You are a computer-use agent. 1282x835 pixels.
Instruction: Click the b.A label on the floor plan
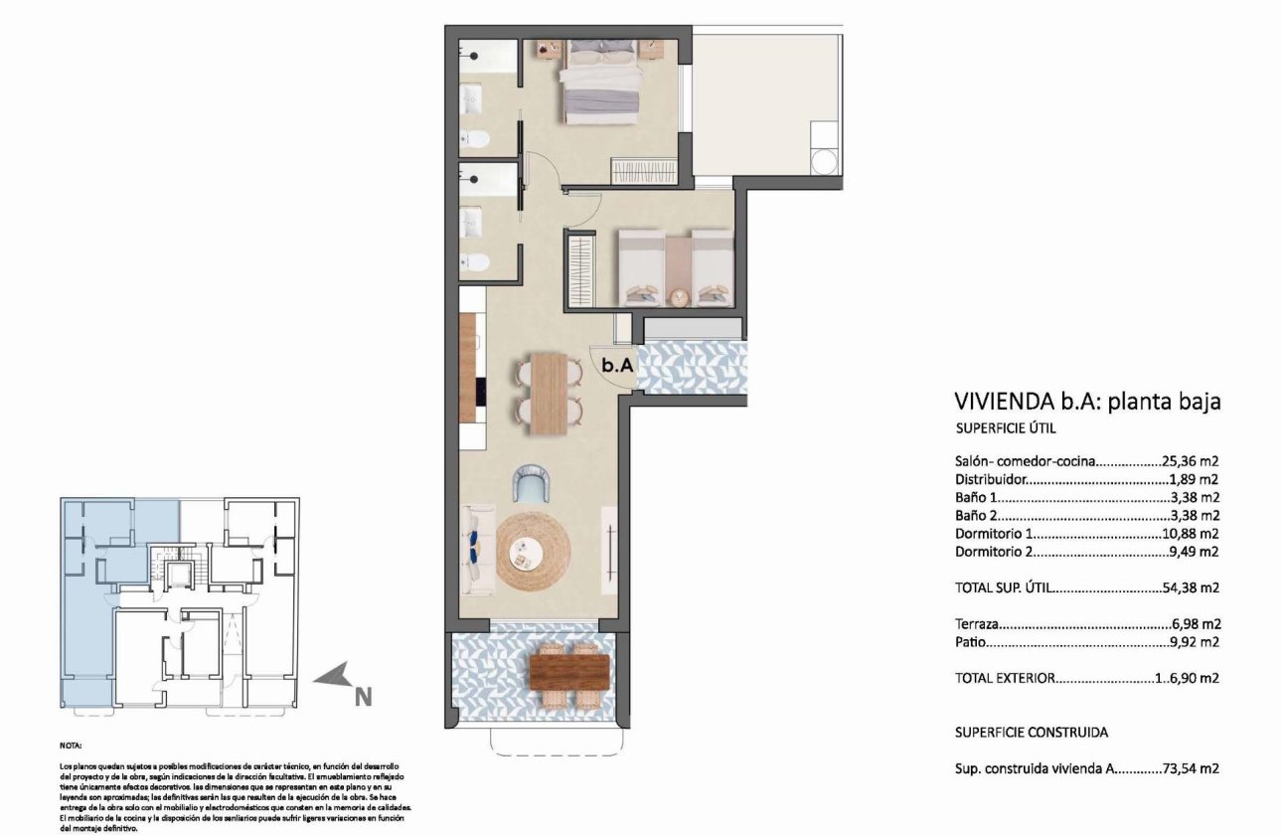(617, 365)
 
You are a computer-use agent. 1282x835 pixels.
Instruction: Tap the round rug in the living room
(534, 554)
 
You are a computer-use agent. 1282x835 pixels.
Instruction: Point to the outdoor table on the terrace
(569, 669)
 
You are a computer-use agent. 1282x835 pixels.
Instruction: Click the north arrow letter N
(364, 697)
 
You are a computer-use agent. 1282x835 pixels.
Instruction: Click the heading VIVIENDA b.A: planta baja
(1086, 402)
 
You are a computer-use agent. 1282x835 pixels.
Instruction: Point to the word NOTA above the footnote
(72, 745)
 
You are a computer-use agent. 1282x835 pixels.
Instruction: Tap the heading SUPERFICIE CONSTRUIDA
(1031, 733)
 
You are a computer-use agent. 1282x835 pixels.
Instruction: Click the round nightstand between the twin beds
(678, 296)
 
